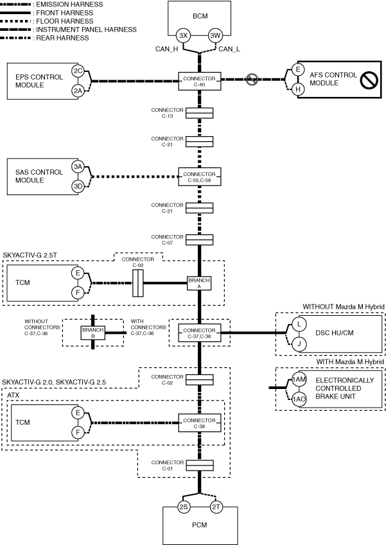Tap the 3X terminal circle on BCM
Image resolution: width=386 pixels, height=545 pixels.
[183, 35]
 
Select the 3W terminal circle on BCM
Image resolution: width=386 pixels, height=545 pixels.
[216, 35]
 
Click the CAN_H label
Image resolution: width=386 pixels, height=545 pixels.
[168, 49]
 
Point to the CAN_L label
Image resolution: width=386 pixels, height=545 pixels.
[230, 49]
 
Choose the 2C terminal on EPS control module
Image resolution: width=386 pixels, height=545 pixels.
[78, 71]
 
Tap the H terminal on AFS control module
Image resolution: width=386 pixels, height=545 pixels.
[297, 90]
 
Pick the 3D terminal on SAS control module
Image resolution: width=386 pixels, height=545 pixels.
[78, 186]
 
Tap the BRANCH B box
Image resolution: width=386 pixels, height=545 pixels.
[93, 332]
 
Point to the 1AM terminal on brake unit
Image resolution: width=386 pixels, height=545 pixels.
[299, 380]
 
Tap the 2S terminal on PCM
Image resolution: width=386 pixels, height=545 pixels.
[183, 507]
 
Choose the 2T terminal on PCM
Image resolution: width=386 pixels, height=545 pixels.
[216, 507]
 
